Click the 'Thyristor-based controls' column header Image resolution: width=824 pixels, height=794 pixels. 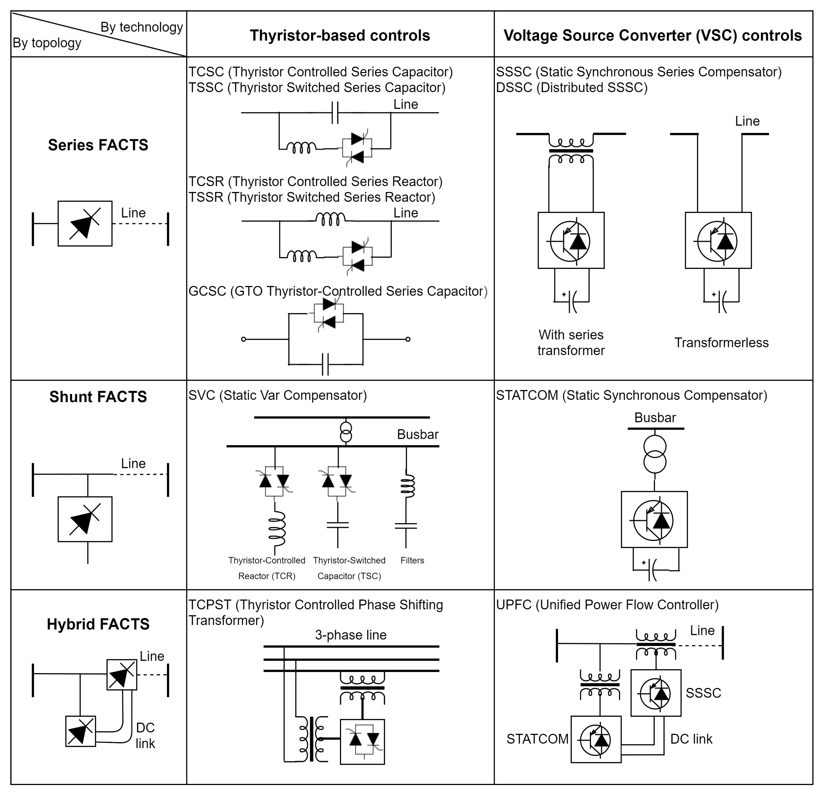coord(340,35)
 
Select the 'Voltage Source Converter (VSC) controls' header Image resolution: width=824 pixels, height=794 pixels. coord(653,35)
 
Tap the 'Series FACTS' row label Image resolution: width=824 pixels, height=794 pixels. coord(98,145)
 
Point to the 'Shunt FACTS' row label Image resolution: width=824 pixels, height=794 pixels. coord(98,396)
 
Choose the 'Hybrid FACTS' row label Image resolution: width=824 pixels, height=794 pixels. coord(98,623)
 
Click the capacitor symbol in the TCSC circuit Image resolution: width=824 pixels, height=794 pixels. coord(335,112)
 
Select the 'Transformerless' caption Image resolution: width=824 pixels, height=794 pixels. coord(721,343)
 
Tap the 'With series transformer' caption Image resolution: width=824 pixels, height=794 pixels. coord(571,343)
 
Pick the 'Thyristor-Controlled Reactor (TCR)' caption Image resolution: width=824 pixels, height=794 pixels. coord(267,568)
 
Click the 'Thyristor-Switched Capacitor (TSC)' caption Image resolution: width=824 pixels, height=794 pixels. coord(349,568)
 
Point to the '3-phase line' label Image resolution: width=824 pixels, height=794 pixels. coord(351,634)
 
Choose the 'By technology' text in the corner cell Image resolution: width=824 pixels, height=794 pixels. coord(142,27)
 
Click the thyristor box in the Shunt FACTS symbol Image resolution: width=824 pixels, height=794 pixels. coord(85,519)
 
